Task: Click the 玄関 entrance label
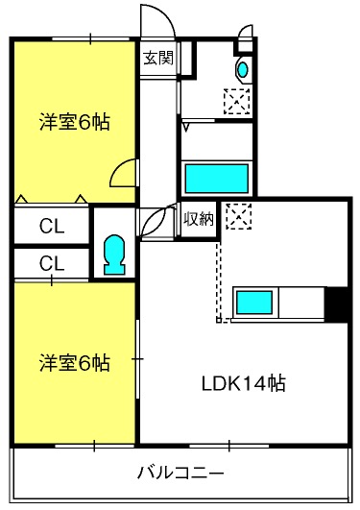click(x=158, y=59)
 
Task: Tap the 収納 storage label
click(x=199, y=219)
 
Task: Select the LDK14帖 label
click(x=244, y=384)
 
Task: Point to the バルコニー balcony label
click(x=180, y=473)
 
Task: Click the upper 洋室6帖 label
click(x=75, y=122)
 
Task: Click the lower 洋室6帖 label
click(x=75, y=363)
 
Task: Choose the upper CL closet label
click(x=52, y=226)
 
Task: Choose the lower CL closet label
click(x=52, y=263)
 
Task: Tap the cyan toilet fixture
click(x=114, y=255)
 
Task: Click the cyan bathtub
click(x=217, y=179)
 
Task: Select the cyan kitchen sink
click(x=254, y=303)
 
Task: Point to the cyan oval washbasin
click(x=242, y=69)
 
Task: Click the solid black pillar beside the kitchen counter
click(x=338, y=304)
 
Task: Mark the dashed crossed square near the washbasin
click(x=237, y=101)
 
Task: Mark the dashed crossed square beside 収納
click(x=239, y=216)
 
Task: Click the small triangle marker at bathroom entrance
click(x=186, y=127)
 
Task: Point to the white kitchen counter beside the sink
click(x=301, y=304)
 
